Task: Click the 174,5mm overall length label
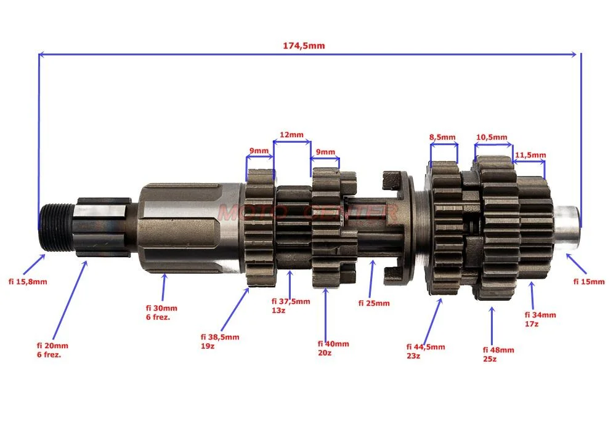click(x=304, y=46)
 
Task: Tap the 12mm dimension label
click(x=291, y=135)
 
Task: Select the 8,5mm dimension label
click(x=442, y=137)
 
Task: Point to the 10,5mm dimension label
click(x=492, y=137)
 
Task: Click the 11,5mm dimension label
click(x=530, y=155)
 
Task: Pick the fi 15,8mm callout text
click(x=28, y=281)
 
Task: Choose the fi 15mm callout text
click(x=589, y=281)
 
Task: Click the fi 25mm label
click(x=374, y=303)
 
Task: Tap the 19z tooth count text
click(x=208, y=346)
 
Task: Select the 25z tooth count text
click(x=490, y=359)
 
